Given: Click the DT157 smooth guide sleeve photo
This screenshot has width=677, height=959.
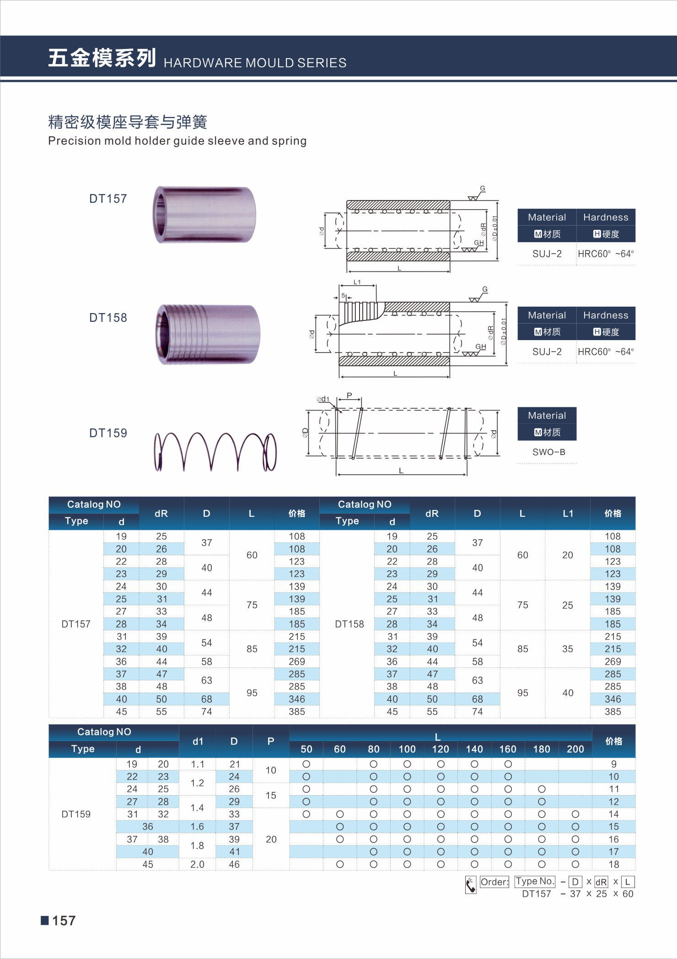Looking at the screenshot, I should tap(204, 214).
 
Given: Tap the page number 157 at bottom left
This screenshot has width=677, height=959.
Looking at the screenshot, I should tap(64, 921).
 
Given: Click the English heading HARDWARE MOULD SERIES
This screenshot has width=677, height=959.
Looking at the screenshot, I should tap(255, 63).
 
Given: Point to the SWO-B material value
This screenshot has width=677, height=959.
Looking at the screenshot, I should tap(548, 452).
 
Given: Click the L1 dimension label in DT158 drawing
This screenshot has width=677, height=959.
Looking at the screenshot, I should tap(357, 282).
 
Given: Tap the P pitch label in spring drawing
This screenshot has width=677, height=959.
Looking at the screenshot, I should tap(349, 396).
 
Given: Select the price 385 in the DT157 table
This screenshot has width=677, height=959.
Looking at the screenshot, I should tap(296, 711).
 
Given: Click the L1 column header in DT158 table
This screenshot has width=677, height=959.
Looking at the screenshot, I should tap(568, 514).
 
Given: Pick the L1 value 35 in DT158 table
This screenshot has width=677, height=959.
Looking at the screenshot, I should tap(568, 649).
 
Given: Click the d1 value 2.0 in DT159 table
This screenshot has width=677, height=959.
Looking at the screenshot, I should tap(197, 864).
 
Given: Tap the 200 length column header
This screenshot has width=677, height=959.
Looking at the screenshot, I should tap(575, 749).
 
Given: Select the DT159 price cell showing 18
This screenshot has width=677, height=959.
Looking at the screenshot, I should tap(613, 864).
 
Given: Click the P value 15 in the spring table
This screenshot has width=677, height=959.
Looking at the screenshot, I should tap(271, 795).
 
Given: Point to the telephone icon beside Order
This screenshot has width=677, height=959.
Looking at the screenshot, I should tap(470, 885).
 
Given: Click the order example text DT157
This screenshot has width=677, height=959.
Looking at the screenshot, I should tap(537, 894).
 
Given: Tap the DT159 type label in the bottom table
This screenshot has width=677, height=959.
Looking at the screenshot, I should tap(76, 814).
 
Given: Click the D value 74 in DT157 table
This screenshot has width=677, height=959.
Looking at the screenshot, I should tap(206, 711).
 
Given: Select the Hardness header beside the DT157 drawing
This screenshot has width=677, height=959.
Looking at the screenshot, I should tap(606, 217).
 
